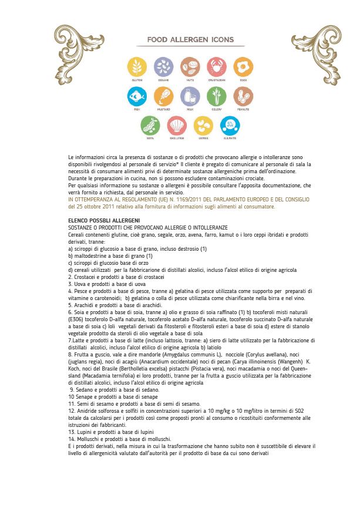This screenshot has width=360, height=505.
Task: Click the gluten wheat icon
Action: (x=137, y=67)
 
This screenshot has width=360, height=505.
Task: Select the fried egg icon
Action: (x=243, y=67)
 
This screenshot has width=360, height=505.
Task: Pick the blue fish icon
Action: (x=137, y=96)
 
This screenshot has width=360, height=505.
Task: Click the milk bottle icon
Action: (x=190, y=96)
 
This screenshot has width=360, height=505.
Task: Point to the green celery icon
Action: (x=216, y=96)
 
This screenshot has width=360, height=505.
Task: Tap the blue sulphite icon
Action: (x=230, y=125)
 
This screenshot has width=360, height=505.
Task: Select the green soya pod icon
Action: (x=150, y=125)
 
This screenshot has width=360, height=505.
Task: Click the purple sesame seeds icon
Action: (x=164, y=67)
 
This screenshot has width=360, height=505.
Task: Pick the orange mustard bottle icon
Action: (x=164, y=96)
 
